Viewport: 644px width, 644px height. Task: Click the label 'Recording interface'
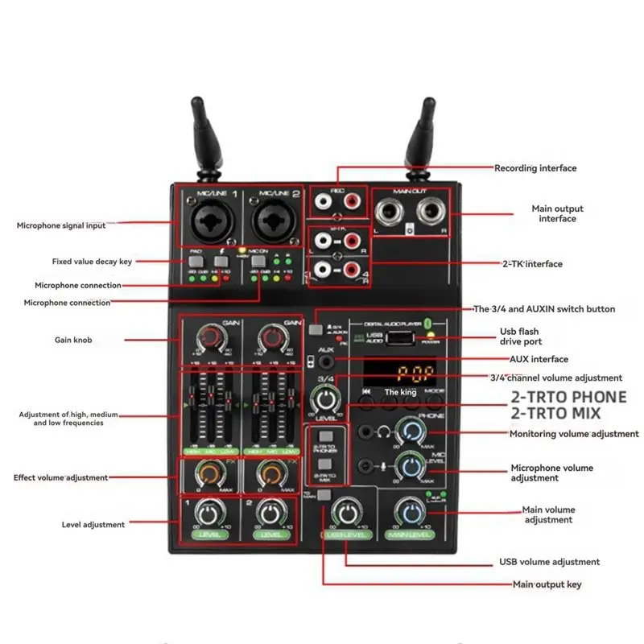click(535, 168)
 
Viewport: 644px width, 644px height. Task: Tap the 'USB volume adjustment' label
click(550, 562)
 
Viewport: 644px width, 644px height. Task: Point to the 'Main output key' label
click(547, 584)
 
